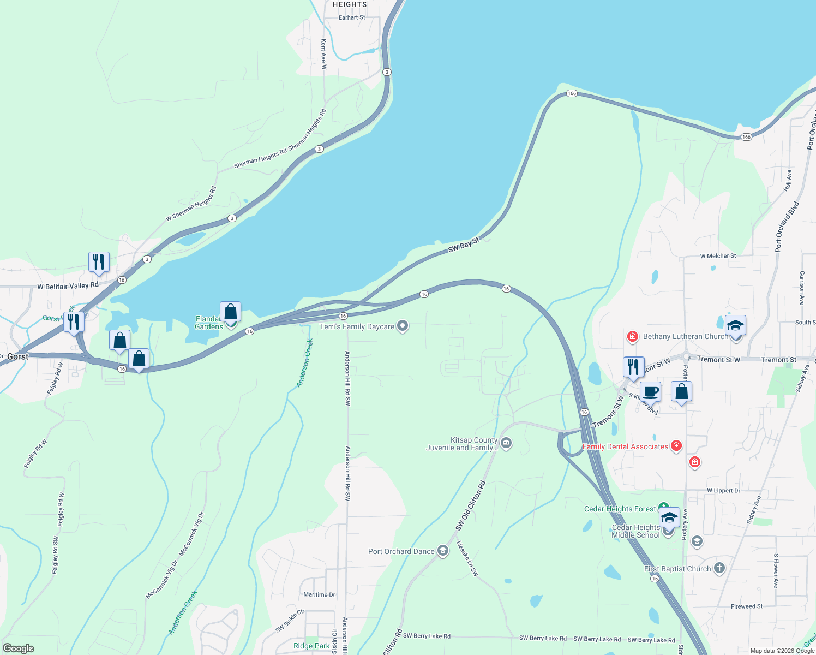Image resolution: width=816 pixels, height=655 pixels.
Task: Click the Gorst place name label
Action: pyautogui.click(x=17, y=356)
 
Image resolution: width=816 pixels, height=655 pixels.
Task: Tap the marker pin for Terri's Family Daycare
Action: pyautogui.click(x=403, y=326)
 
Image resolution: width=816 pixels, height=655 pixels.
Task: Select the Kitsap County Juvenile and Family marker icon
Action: pyautogui.click(x=506, y=443)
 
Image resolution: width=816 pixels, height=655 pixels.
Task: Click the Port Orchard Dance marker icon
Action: pyautogui.click(x=443, y=551)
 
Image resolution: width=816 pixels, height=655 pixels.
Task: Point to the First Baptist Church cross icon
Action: pyautogui.click(x=719, y=568)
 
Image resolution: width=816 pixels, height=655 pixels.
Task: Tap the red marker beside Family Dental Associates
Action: pyautogui.click(x=676, y=446)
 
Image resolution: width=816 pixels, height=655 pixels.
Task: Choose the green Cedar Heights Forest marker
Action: pyautogui.click(x=663, y=508)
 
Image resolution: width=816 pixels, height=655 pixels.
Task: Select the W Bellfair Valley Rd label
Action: pyautogui.click(x=68, y=286)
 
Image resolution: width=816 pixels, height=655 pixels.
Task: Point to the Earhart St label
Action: pyautogui.click(x=352, y=17)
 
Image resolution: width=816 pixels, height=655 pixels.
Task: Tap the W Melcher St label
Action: pyautogui.click(x=718, y=255)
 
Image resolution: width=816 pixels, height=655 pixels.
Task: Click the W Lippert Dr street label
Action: pyautogui.click(x=723, y=490)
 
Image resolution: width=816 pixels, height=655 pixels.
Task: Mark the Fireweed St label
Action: pyautogui.click(x=747, y=606)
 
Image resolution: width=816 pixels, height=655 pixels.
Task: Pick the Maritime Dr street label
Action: pyautogui.click(x=319, y=594)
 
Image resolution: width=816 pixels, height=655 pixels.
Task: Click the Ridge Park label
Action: pyautogui.click(x=311, y=646)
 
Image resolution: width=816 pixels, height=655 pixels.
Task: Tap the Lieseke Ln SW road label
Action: pyautogui.click(x=467, y=558)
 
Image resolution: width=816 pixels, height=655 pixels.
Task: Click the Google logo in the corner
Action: pyautogui.click(x=19, y=648)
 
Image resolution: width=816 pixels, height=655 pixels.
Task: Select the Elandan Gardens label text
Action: pyautogui.click(x=208, y=323)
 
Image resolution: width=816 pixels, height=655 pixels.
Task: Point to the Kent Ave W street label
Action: pyautogui.click(x=323, y=53)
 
